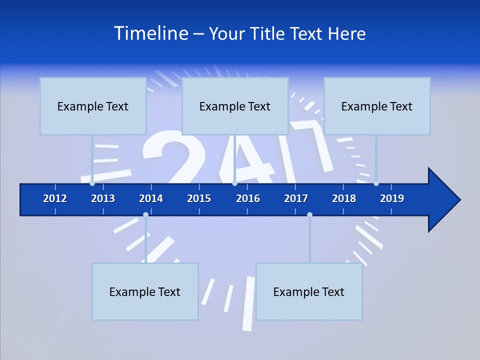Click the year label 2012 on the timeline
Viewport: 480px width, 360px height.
(55, 198)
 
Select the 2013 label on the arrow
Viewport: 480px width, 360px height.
(103, 198)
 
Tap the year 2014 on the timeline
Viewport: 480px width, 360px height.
(151, 198)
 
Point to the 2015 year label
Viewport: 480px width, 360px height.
(199, 198)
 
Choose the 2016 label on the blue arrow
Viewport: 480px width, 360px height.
(248, 198)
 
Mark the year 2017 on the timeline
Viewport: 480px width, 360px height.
(296, 198)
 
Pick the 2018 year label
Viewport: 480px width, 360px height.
(344, 198)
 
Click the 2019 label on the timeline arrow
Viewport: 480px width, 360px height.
(392, 198)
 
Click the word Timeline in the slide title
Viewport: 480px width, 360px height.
(150, 33)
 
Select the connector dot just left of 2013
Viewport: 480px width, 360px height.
(92, 183)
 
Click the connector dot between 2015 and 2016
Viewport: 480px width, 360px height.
(234, 183)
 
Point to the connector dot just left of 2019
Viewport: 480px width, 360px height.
(376, 183)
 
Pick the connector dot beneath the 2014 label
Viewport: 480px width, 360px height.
(145, 215)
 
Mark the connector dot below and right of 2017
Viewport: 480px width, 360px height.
(309, 215)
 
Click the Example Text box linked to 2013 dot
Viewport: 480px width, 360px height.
(93, 106)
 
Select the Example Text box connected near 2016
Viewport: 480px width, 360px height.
(235, 106)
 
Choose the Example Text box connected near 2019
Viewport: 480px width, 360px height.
(377, 106)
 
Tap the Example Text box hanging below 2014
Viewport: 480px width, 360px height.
(145, 291)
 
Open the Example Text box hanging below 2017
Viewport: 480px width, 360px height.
(309, 291)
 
